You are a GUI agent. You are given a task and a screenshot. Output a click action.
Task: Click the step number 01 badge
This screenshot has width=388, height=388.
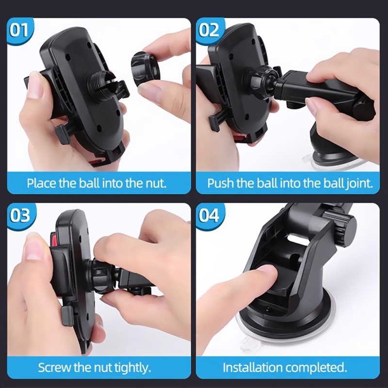(x=19, y=30)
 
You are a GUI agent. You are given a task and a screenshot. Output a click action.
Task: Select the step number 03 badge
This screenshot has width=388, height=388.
(x=20, y=216)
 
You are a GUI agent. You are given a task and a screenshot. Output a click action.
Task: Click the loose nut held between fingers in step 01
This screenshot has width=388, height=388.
(x=145, y=66)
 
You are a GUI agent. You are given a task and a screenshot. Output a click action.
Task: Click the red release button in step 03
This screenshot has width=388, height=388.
(x=53, y=239)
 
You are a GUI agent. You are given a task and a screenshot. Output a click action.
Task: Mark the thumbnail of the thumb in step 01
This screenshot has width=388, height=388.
(x=33, y=85)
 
